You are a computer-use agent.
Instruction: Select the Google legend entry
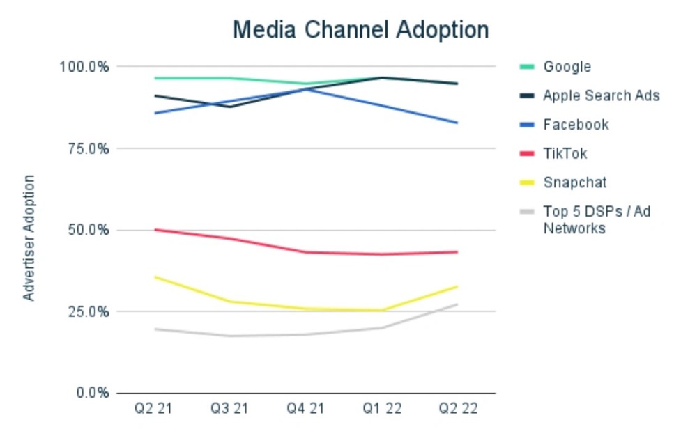click(567, 67)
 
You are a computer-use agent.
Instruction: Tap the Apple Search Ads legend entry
click(601, 96)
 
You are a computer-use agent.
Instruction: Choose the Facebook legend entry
click(576, 125)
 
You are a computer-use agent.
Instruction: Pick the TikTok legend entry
click(565, 154)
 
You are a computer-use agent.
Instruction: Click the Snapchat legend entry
click(574, 183)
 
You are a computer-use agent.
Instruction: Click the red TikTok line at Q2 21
click(155, 230)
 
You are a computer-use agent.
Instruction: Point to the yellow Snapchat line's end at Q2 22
click(457, 286)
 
